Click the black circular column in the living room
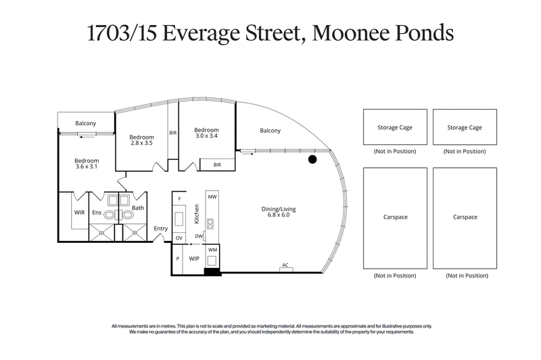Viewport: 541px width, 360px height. tap(312, 160)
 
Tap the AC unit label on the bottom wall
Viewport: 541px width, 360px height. tap(286, 265)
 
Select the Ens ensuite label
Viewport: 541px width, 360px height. tap(97, 212)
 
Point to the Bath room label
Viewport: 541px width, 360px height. tap(138, 208)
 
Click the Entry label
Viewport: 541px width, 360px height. tap(160, 229)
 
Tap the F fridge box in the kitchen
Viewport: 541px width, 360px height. tap(179, 199)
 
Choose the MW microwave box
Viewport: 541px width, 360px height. tap(212, 196)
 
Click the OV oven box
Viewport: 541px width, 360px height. tap(179, 238)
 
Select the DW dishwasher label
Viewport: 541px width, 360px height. tap(199, 235)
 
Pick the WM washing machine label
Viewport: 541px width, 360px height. tap(212, 250)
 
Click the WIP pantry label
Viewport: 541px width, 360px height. tap(193, 258)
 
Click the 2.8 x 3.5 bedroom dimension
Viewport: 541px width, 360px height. tap(142, 143)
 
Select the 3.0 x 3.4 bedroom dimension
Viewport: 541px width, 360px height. tap(206, 137)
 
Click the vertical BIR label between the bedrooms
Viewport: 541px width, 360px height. tap(173, 133)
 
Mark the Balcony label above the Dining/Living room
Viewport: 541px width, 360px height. tap(270, 131)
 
